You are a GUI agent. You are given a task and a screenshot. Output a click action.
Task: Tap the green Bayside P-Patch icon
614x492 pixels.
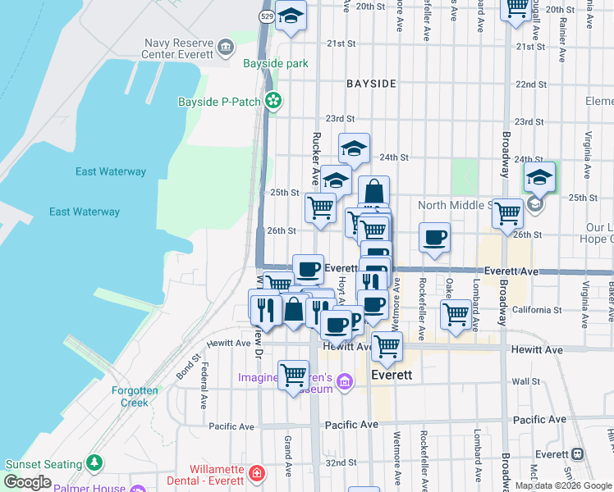(x=273, y=102)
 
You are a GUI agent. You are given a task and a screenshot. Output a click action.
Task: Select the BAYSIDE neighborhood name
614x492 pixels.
(x=371, y=84)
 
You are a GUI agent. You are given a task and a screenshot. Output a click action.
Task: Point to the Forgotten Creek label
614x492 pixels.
(x=135, y=396)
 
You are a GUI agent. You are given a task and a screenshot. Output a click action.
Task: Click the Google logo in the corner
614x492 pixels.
(x=28, y=481)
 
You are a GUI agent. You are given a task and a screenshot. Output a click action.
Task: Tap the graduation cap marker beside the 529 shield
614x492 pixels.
(x=291, y=16)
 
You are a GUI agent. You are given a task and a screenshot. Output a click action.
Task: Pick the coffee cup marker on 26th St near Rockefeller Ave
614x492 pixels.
(x=435, y=237)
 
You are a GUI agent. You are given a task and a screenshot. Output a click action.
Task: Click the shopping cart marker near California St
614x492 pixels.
(x=456, y=312)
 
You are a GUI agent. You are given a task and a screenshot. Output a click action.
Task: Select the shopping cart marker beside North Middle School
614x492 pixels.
(x=508, y=212)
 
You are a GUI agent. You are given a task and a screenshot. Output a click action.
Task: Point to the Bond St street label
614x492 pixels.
(x=187, y=367)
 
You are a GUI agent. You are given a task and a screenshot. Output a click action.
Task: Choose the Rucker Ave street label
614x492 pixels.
(x=314, y=157)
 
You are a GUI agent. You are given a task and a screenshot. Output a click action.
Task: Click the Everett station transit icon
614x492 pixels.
(x=578, y=453)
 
